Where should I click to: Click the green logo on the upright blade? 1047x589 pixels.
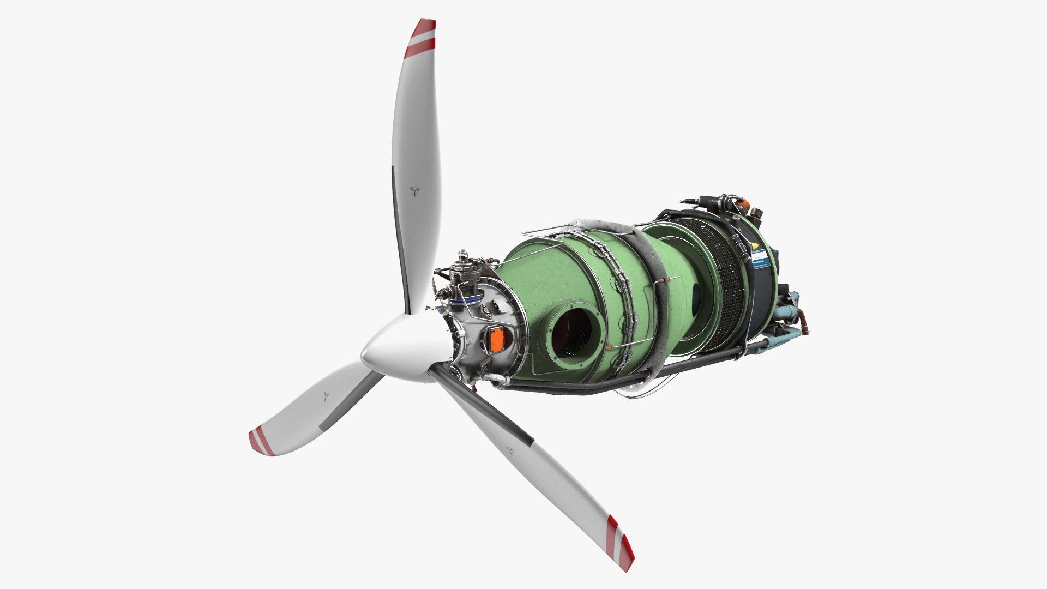(416, 191)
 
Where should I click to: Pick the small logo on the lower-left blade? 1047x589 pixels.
(326, 396)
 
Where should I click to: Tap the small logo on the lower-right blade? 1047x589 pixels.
(510, 451)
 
